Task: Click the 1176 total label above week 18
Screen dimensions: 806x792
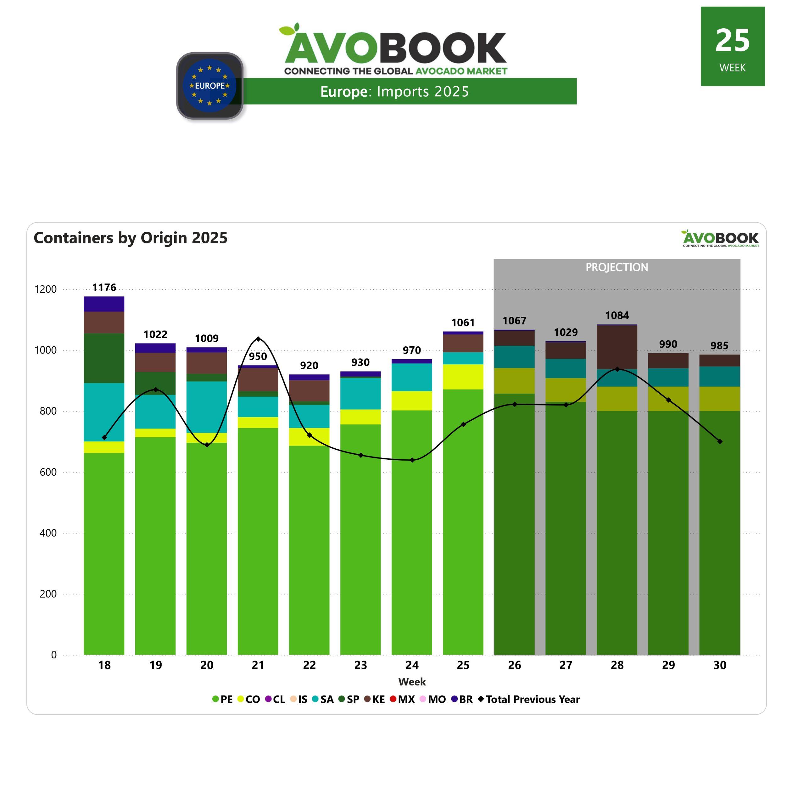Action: tap(104, 287)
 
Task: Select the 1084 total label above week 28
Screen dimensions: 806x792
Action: tap(617, 315)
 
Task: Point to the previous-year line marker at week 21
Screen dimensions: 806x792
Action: tap(258, 339)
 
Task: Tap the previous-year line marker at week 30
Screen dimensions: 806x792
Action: tap(720, 441)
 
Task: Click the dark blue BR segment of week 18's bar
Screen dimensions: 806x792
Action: tap(104, 304)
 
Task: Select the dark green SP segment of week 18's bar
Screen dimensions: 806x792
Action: tap(104, 358)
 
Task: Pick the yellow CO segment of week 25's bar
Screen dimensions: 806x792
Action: tap(463, 377)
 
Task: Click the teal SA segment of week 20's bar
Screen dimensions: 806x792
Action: tap(207, 407)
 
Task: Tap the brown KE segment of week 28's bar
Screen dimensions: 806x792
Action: tap(617, 347)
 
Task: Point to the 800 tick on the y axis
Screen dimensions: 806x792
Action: tap(48, 411)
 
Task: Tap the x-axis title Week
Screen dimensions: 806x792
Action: tap(412, 682)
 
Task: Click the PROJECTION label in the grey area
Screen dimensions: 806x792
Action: tap(617, 267)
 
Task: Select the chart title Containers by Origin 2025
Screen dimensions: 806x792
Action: tap(131, 238)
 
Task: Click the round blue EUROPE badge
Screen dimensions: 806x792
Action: tap(210, 86)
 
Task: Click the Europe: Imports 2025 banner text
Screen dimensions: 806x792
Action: tap(394, 91)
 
